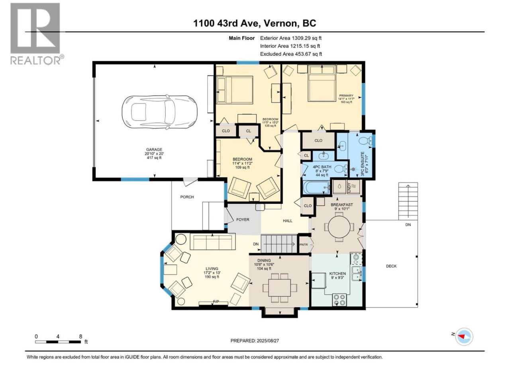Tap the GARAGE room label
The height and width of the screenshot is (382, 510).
coord(154,150)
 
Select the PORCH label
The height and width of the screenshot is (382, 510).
coord(187,197)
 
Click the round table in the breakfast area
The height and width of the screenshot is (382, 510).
coord(339,226)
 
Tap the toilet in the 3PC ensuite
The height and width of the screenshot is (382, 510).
coord(365,140)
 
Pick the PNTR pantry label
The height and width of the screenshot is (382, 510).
coord(304,244)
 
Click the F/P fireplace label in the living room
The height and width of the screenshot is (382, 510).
coord(216,302)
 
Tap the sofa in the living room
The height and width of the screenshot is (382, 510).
coord(213,242)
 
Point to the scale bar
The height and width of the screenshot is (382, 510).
coord(58,342)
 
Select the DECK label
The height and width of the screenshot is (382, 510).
coord(391,266)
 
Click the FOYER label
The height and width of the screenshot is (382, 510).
coord(243,219)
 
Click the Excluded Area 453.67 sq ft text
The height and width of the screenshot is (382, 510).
coord(291,54)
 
